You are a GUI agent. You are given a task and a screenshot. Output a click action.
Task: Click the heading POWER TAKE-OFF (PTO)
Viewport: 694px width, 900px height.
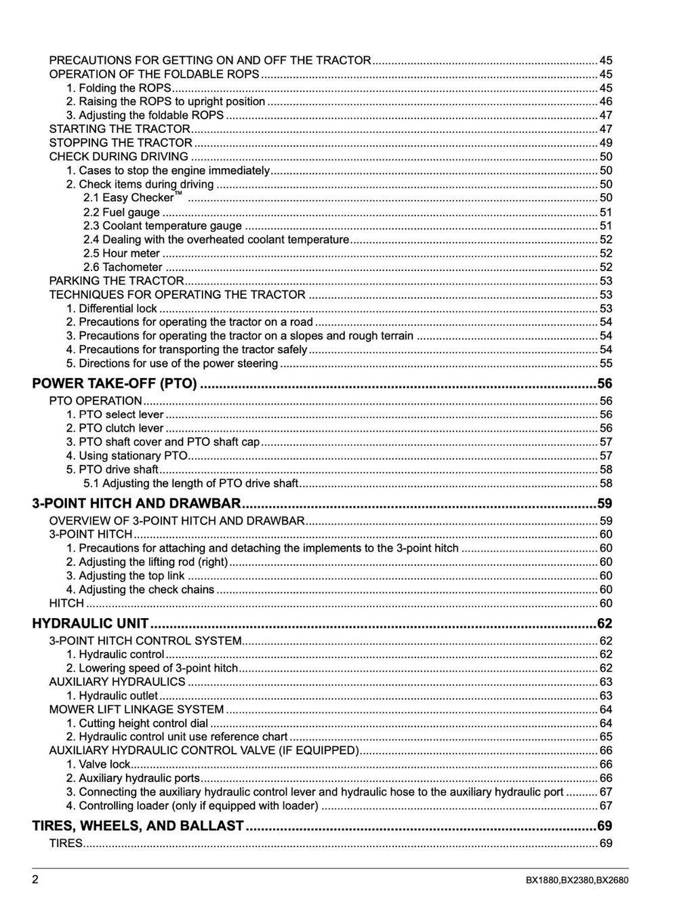pyautogui.click(x=115, y=384)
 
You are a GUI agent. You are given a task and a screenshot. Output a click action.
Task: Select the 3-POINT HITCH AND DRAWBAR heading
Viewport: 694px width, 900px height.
pyautogui.click(x=136, y=504)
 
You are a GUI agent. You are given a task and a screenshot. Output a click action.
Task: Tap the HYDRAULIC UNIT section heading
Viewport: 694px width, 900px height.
pyautogui.click(x=90, y=623)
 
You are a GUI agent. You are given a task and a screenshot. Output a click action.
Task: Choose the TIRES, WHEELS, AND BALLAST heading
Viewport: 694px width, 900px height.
pyautogui.click(x=138, y=825)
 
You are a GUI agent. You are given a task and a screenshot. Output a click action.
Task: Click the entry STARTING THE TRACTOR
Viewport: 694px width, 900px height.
pyautogui.click(x=119, y=129)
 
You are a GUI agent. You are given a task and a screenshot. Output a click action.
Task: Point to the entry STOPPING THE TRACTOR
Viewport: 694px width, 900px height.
pyautogui.click(x=121, y=142)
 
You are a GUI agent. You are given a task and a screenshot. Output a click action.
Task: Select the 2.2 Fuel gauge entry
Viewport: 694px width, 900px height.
pyautogui.click(x=121, y=212)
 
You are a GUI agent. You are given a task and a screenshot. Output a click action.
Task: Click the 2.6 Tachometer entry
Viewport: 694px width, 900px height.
pyautogui.click(x=123, y=267)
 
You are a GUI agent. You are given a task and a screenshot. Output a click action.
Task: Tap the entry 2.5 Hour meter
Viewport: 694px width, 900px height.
pyautogui.click(x=121, y=253)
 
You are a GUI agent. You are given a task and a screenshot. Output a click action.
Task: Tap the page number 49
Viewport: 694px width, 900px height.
pyautogui.click(x=606, y=142)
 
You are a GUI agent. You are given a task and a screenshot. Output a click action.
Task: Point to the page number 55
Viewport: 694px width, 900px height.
pyautogui.click(x=606, y=363)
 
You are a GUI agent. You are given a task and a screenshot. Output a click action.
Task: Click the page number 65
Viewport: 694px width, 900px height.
pyautogui.click(x=606, y=737)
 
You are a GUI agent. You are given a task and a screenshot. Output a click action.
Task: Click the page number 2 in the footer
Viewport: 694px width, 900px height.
pyautogui.click(x=35, y=880)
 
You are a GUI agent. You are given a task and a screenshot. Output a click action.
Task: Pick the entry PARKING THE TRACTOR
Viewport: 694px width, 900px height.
pyautogui.click(x=117, y=281)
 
